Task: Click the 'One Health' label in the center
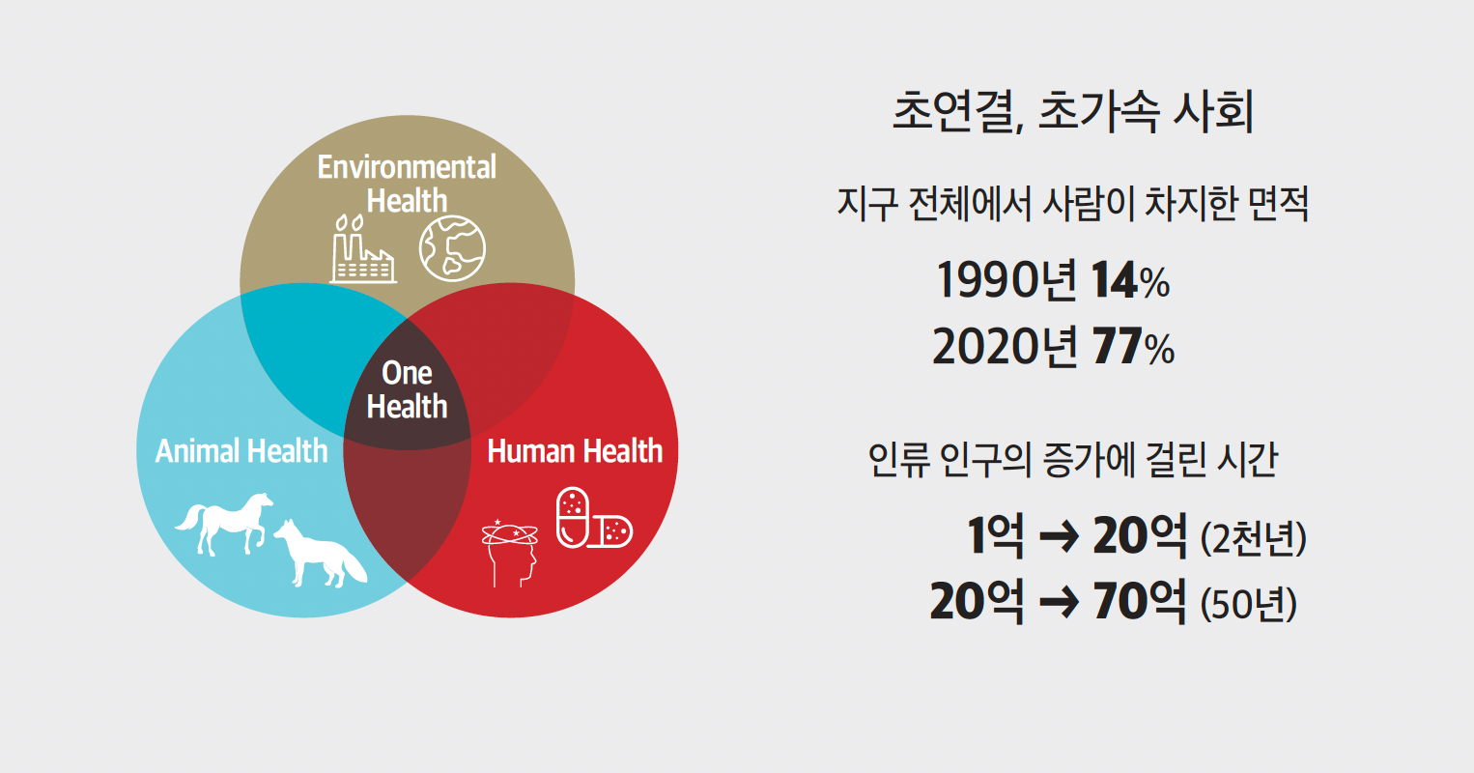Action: click(x=407, y=389)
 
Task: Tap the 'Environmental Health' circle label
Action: click(x=407, y=184)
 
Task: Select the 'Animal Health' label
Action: click(x=241, y=451)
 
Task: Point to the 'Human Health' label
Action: click(x=575, y=451)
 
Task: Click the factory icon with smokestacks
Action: click(x=362, y=249)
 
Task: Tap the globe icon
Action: click(x=452, y=248)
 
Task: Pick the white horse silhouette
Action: click(x=224, y=524)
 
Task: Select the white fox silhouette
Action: click(x=321, y=554)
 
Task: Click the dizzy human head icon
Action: click(x=510, y=553)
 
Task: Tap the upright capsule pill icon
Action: click(x=573, y=518)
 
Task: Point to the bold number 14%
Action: click(x=1130, y=280)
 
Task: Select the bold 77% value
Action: click(x=1133, y=346)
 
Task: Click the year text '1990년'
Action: click(x=1006, y=280)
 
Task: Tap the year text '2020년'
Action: click(x=1006, y=346)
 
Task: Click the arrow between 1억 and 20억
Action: click(x=1059, y=536)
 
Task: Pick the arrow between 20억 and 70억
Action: click(x=1059, y=602)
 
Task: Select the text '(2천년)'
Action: click(x=1254, y=538)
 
